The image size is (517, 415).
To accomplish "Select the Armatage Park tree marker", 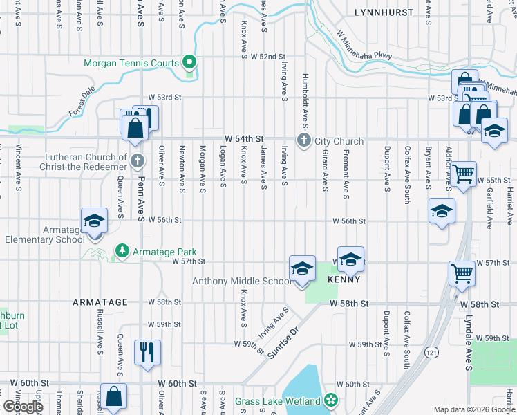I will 122,252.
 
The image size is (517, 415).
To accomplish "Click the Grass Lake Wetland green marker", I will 331,400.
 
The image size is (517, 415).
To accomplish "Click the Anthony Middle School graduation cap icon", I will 301,268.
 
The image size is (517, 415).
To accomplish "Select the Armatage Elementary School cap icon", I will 94,221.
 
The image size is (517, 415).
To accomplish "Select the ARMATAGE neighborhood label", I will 100,302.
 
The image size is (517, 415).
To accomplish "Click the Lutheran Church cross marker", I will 138,162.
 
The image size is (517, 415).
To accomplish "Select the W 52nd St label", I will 268,56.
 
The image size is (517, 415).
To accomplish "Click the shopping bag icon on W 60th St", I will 114,397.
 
